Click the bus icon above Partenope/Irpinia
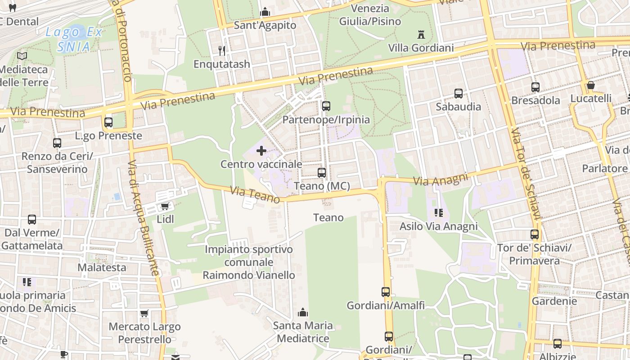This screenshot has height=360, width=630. (326, 106)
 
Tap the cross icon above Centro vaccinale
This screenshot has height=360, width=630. (261, 151)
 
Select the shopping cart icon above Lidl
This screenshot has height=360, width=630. (165, 206)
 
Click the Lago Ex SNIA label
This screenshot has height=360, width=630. (74, 39)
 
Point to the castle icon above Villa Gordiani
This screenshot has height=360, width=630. (421, 34)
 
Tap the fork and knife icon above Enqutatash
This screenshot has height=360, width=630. (221, 50)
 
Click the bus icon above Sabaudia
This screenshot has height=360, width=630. (459, 94)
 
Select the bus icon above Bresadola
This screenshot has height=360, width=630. (535, 87)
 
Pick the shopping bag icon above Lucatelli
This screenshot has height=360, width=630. (591, 85)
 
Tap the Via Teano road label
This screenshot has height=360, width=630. (255, 195)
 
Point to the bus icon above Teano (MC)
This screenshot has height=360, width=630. (322, 172)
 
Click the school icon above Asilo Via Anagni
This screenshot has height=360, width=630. (438, 213)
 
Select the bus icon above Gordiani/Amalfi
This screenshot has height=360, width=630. (386, 292)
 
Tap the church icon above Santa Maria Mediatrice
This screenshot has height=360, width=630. (303, 312)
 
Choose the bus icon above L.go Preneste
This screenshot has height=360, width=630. (108, 122)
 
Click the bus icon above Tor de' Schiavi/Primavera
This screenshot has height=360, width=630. (535, 234)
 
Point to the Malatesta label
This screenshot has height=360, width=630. (102, 267)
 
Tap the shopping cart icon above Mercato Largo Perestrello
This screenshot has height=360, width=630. (144, 314)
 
